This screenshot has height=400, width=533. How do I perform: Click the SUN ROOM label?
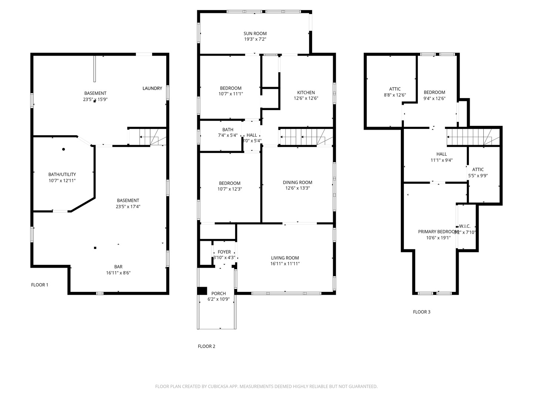tap(255, 33)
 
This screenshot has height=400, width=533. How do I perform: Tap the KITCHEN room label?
tap(306, 93)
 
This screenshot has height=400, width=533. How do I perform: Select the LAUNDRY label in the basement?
tap(152, 88)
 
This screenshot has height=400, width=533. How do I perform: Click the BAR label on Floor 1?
tap(118, 267)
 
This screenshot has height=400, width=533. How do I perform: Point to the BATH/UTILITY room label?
tap(62, 174)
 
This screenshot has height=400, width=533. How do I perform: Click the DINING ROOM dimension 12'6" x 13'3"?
tap(297, 188)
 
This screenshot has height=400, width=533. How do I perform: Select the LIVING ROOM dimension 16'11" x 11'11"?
tap(285, 264)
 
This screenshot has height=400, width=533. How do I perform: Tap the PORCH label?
tap(218, 293)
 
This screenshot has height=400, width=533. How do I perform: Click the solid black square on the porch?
tap(202, 291)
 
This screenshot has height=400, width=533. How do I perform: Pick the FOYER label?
tap(224, 252)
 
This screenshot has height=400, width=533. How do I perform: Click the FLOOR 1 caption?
tap(40, 285)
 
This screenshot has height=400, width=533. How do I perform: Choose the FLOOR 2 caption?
tap(207, 346)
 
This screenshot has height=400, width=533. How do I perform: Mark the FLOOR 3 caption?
tap(422, 312)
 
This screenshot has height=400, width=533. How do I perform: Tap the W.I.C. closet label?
tap(465, 226)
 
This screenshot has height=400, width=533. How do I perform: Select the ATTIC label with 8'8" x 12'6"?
tap(395, 89)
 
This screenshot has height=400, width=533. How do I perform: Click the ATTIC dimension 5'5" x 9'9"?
tap(478, 176)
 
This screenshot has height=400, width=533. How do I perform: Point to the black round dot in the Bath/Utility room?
tap(64, 149)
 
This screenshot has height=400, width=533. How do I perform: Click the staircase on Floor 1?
tap(148, 137)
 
